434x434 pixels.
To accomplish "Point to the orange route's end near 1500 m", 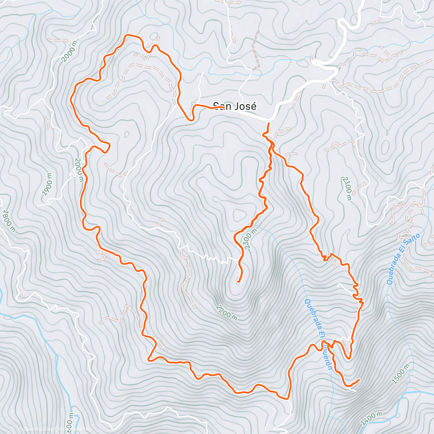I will pyautogui.click(x=359, y=380).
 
